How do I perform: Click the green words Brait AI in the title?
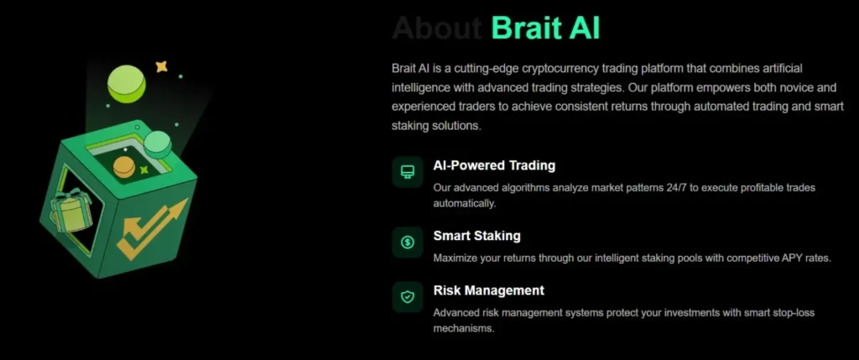[545, 28]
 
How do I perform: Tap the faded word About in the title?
[436, 28]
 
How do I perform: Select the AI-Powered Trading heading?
[494, 165]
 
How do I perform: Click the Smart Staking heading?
[476, 236]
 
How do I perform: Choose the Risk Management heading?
[488, 290]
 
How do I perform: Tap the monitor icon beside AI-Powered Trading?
[408, 172]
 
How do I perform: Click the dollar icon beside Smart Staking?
[408, 243]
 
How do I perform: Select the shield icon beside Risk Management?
[408, 296]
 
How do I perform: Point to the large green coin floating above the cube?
[127, 84]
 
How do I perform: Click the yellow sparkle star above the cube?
[162, 65]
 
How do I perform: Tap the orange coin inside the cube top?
[124, 166]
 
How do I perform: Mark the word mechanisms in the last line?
[464, 329]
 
